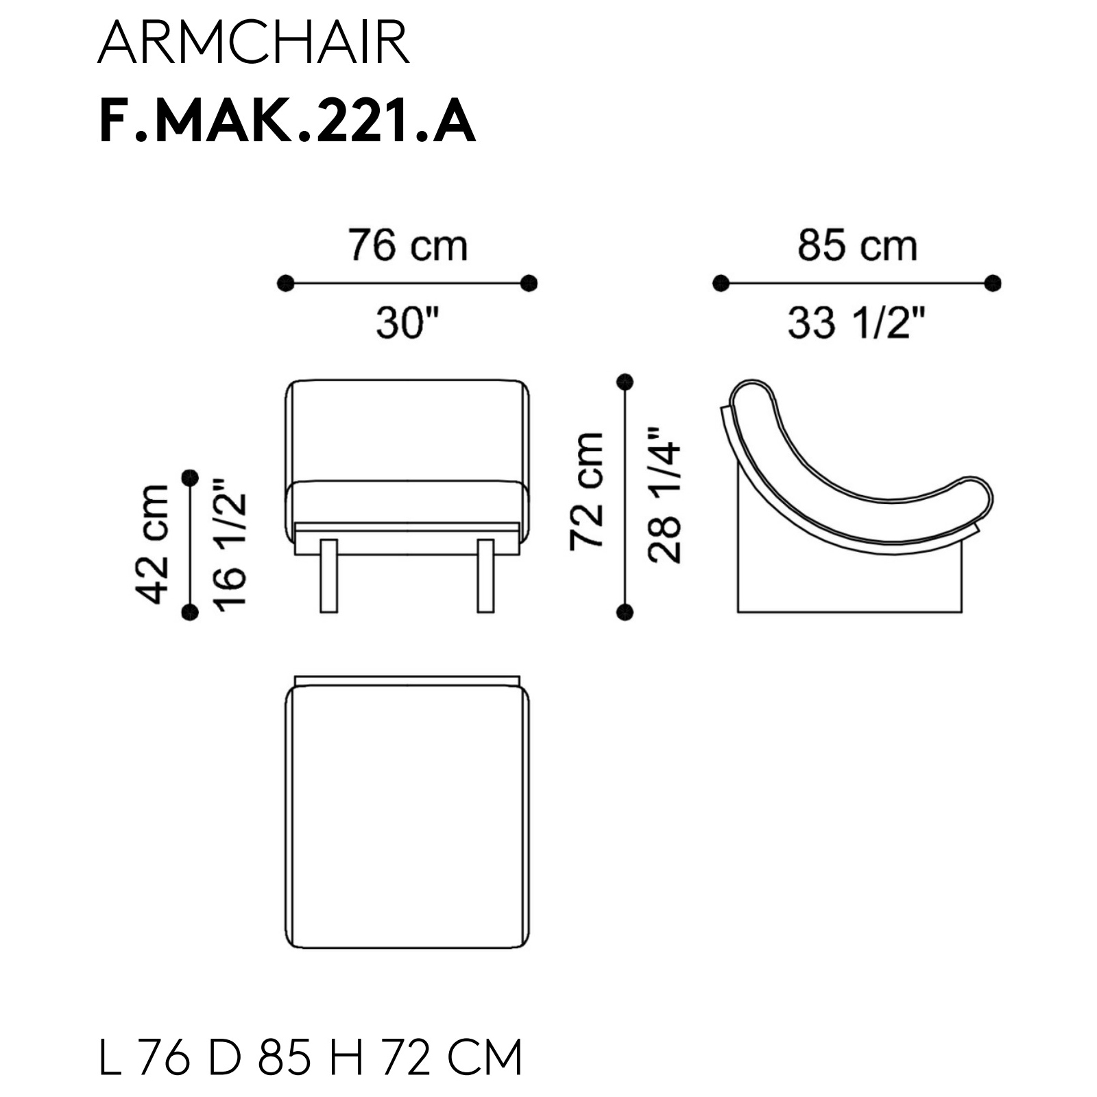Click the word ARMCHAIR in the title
pos(254,43)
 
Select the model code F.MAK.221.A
pos(287,121)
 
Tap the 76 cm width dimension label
pos(408,245)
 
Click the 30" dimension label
pos(407,322)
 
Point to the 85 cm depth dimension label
pos(857,245)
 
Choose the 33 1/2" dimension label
pos(856,322)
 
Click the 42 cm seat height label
pos(153,544)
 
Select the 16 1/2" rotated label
pos(228,544)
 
